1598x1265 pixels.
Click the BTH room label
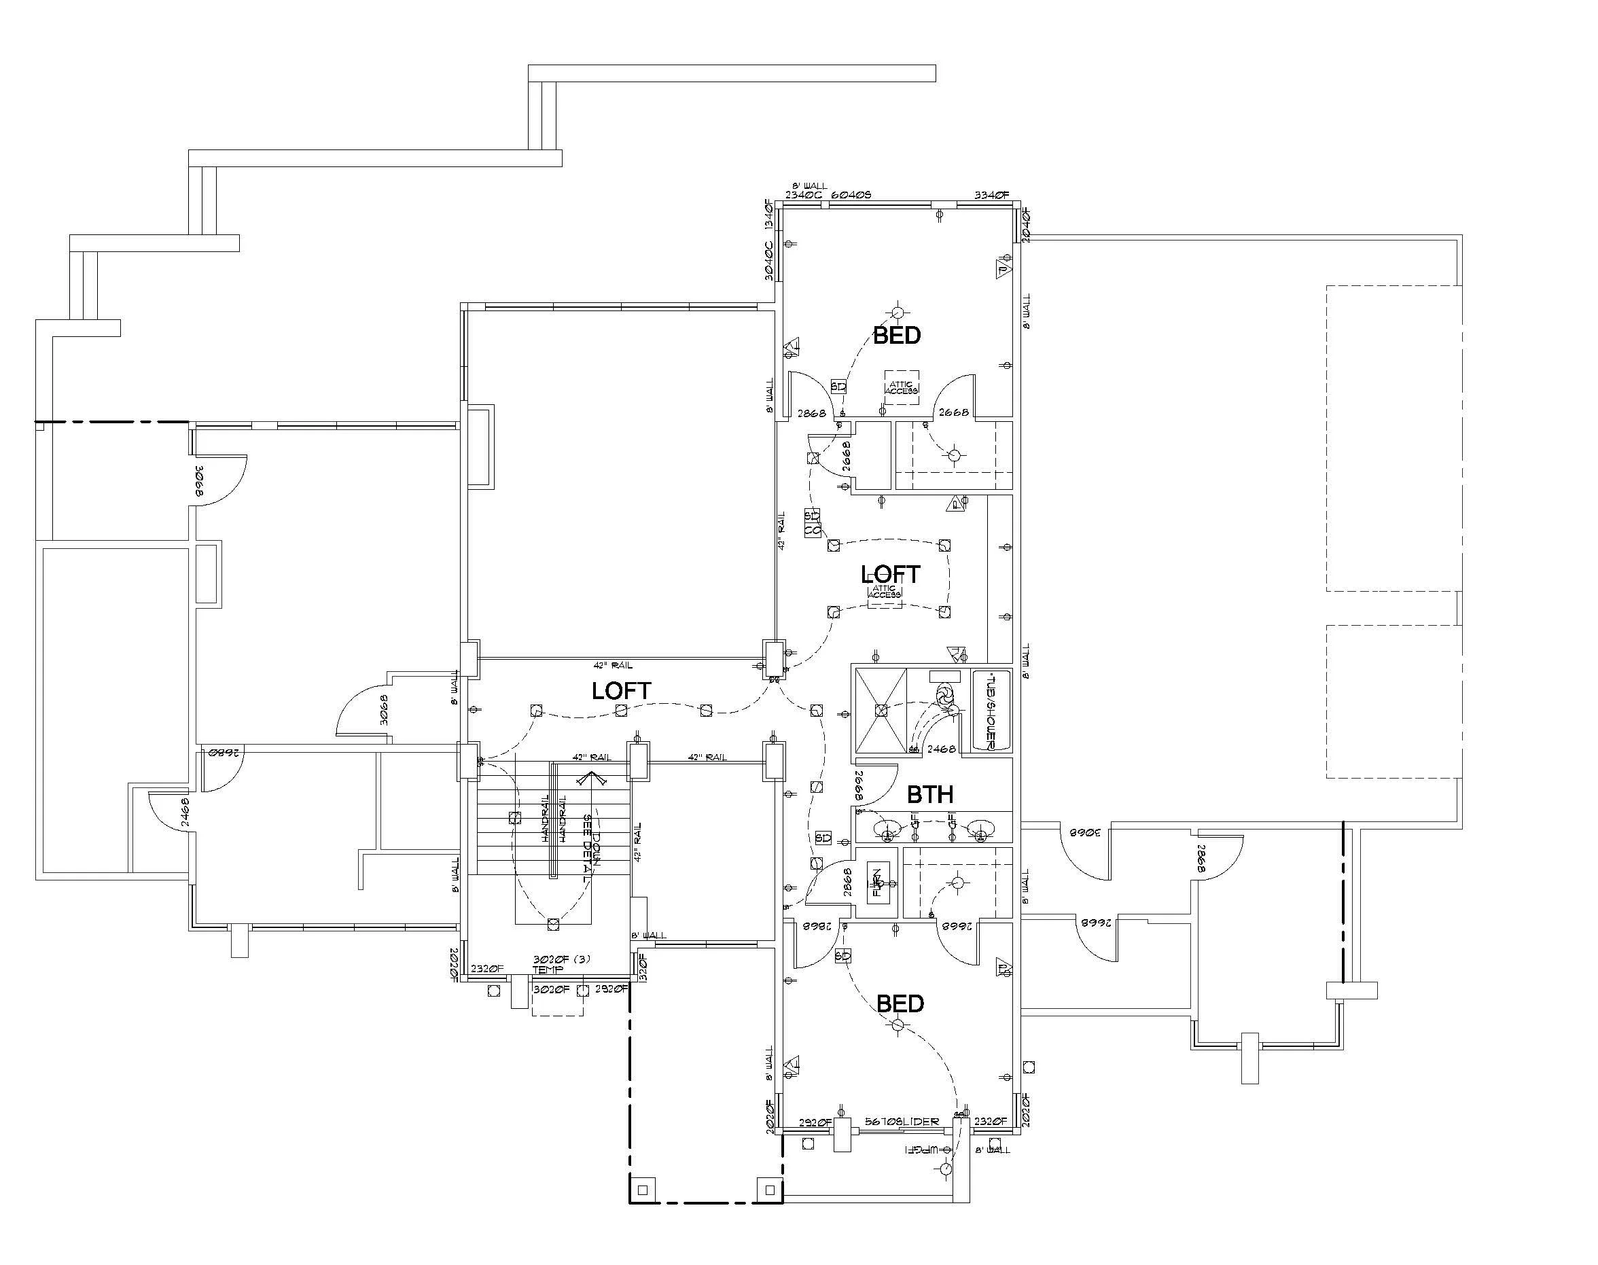[929, 795]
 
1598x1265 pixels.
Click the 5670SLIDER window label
[902, 1122]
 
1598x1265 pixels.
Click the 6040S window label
[851, 195]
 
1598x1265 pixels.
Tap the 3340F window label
[991, 195]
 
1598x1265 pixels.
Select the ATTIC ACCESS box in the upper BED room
[902, 387]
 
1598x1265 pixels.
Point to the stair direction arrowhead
[591, 778]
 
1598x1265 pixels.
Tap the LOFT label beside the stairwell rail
[620, 690]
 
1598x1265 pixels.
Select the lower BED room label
[900, 1003]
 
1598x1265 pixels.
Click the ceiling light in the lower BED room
[898, 1025]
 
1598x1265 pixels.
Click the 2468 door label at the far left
[184, 812]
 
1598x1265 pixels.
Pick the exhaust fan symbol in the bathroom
[944, 695]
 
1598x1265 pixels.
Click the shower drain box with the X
[881, 710]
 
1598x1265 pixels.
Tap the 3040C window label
[768, 260]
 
